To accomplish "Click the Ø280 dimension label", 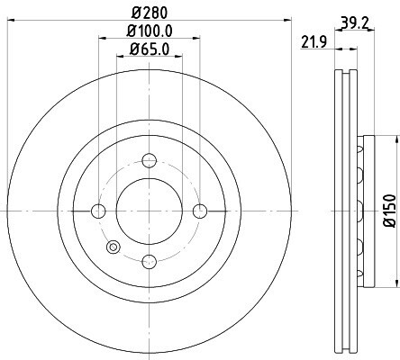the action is point(150,13).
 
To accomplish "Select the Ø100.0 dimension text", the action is point(150,31).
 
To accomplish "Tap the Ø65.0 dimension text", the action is point(150,49).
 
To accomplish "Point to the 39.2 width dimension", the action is point(355,22).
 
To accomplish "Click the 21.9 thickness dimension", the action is point(314,42).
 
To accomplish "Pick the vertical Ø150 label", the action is point(391,211).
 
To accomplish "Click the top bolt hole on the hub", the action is point(150,160).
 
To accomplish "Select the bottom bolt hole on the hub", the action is point(150,262).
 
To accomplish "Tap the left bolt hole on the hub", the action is point(98,211).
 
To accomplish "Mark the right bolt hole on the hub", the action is point(200,211).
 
